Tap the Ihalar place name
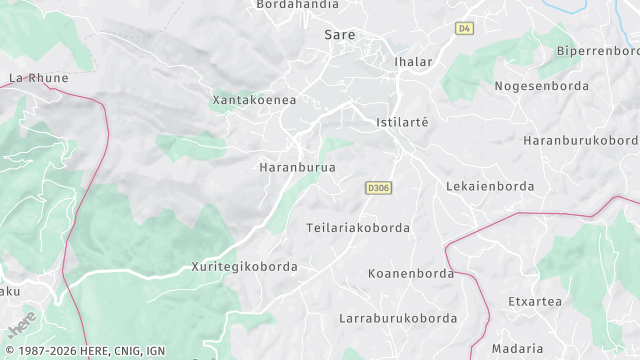click(413, 62)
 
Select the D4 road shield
click(463, 28)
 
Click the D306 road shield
click(377, 187)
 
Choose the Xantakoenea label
click(254, 100)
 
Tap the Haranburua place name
click(297, 167)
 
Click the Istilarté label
click(401, 122)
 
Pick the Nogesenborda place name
click(540, 86)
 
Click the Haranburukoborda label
click(581, 140)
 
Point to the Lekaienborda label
click(489, 186)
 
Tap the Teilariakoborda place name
click(358, 228)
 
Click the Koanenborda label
click(411, 273)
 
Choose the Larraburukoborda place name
click(398, 318)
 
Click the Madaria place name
click(518, 348)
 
